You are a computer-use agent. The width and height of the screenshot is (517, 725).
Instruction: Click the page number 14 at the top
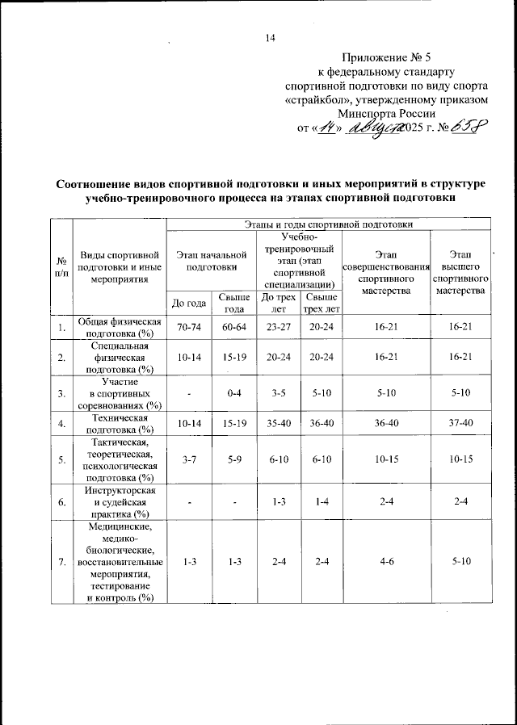pyautogui.click(x=271, y=38)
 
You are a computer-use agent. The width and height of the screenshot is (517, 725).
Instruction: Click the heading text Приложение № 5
pyautogui.click(x=387, y=58)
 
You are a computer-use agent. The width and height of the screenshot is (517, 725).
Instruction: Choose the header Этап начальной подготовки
pyautogui.click(x=211, y=260)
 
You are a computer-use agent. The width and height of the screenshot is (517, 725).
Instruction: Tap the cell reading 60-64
pyautogui.click(x=233, y=327)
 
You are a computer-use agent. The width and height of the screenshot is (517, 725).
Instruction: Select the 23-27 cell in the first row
pyautogui.click(x=279, y=327)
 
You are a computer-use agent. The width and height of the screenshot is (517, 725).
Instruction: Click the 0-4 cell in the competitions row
pyautogui.click(x=233, y=393)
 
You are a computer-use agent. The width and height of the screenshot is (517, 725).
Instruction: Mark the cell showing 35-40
pyautogui.click(x=279, y=423)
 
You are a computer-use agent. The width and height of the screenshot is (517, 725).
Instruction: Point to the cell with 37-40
pyautogui.click(x=458, y=423)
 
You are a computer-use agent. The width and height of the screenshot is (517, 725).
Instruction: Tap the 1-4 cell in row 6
pyautogui.click(x=321, y=501)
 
